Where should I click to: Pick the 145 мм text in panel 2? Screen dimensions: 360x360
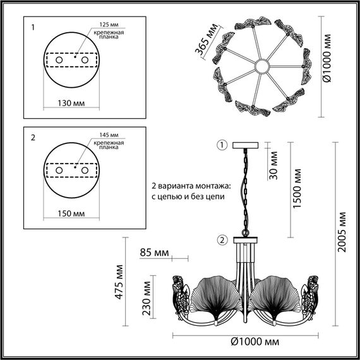point(109,134)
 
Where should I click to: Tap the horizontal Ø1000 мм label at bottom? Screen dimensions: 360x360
point(254,342)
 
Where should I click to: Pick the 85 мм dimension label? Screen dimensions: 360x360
point(154,253)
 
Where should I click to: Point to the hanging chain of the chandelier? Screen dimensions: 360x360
point(243,189)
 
